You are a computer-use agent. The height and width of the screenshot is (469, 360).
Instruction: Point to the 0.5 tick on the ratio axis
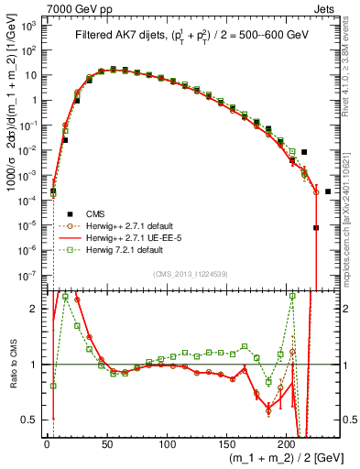(x=33, y=420)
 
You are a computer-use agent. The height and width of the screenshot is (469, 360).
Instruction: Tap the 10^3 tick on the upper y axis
(x=30, y=27)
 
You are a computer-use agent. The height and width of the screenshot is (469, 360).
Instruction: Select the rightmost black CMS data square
(x=328, y=191)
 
